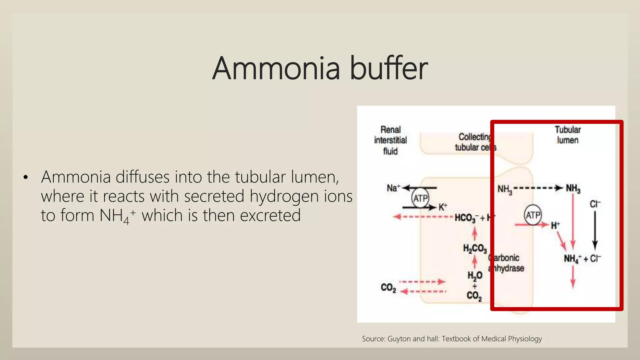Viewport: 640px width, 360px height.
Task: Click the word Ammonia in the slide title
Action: point(276,68)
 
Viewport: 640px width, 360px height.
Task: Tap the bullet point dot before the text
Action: point(26,177)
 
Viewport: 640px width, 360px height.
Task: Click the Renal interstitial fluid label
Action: point(390,140)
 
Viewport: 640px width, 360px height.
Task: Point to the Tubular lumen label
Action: point(567,135)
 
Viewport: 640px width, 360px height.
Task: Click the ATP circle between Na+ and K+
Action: point(420,198)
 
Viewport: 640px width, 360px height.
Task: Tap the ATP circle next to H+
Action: point(532,215)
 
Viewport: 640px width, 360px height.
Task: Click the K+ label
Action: point(443,207)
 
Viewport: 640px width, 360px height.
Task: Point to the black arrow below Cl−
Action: point(595,231)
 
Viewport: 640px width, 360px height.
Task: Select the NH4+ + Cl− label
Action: point(582,259)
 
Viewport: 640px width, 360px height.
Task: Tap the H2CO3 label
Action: point(475,249)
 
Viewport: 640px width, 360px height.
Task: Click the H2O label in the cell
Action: point(475,275)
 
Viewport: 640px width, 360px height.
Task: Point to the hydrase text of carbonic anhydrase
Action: point(508,268)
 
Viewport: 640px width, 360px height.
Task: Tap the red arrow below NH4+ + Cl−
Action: point(573,278)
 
